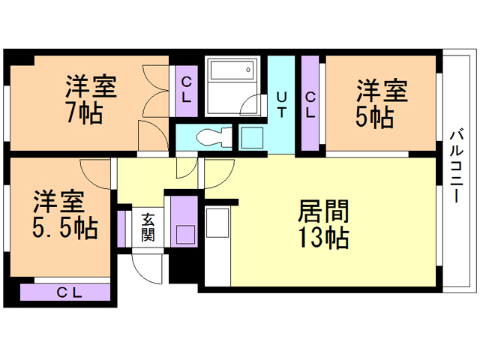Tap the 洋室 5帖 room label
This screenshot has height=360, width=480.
382,103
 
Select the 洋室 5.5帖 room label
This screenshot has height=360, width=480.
65,214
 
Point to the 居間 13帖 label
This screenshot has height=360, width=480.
323,223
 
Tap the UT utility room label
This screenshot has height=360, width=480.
282,105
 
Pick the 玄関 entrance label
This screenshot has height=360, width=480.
148,227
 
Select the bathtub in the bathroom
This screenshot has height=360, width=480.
232,70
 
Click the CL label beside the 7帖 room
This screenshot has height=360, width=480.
187,89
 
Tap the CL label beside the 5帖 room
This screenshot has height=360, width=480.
310,105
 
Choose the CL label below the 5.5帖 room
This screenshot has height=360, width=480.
69,293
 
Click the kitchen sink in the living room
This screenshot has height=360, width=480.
217,223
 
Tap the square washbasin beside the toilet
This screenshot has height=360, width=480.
252,138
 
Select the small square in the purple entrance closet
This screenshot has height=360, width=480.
185,235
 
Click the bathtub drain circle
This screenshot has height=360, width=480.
248,70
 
